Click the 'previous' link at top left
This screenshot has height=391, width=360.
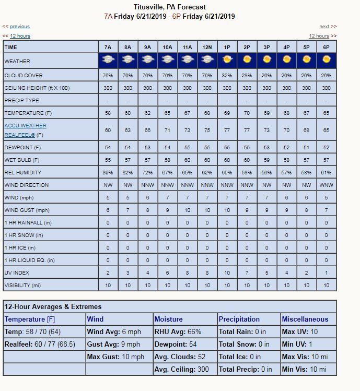(20, 27)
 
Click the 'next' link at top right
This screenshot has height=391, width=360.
(324, 27)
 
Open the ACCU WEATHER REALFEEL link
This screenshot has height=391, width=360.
(25, 126)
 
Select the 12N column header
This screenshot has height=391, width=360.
(207, 47)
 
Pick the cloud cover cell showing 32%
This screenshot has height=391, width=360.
(227, 76)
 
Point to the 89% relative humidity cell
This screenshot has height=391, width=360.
(108, 172)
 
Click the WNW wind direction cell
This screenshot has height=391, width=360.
(326, 185)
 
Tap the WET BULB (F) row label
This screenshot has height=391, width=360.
(22, 160)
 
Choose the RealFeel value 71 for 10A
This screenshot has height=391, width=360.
(167, 130)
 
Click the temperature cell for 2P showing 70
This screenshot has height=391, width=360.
(247, 113)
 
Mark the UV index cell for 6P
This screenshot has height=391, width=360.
(326, 273)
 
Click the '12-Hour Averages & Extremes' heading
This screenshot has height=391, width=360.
(53, 306)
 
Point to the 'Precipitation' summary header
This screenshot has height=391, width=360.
(239, 319)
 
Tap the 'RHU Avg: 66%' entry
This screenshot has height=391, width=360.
(178, 331)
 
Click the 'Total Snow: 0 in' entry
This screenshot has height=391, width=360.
(244, 344)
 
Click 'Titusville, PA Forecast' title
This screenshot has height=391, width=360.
(170, 7)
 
